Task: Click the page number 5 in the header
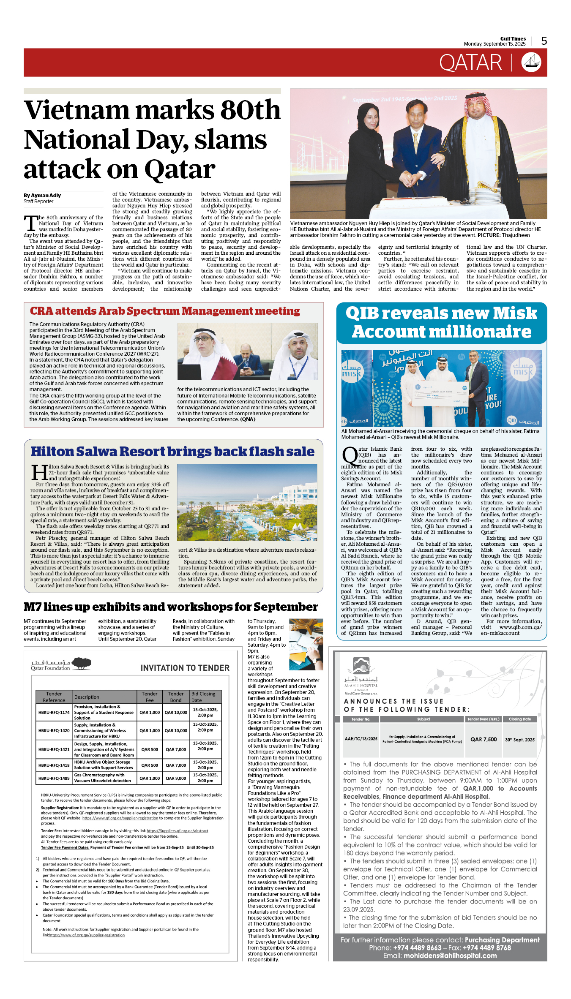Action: click(x=544, y=41)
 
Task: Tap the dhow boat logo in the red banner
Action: click(x=531, y=63)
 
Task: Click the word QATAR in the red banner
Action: click(x=470, y=63)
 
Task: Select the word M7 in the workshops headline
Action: click(x=32, y=607)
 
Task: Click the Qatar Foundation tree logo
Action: click(x=81, y=663)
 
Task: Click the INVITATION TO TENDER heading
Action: click(x=185, y=668)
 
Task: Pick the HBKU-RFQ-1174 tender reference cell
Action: click(x=54, y=712)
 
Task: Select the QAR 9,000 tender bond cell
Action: click(x=176, y=778)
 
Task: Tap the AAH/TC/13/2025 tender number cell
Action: click(x=361, y=739)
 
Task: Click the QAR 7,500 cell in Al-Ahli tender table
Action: click(x=484, y=739)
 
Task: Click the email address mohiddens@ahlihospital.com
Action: click(x=450, y=955)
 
